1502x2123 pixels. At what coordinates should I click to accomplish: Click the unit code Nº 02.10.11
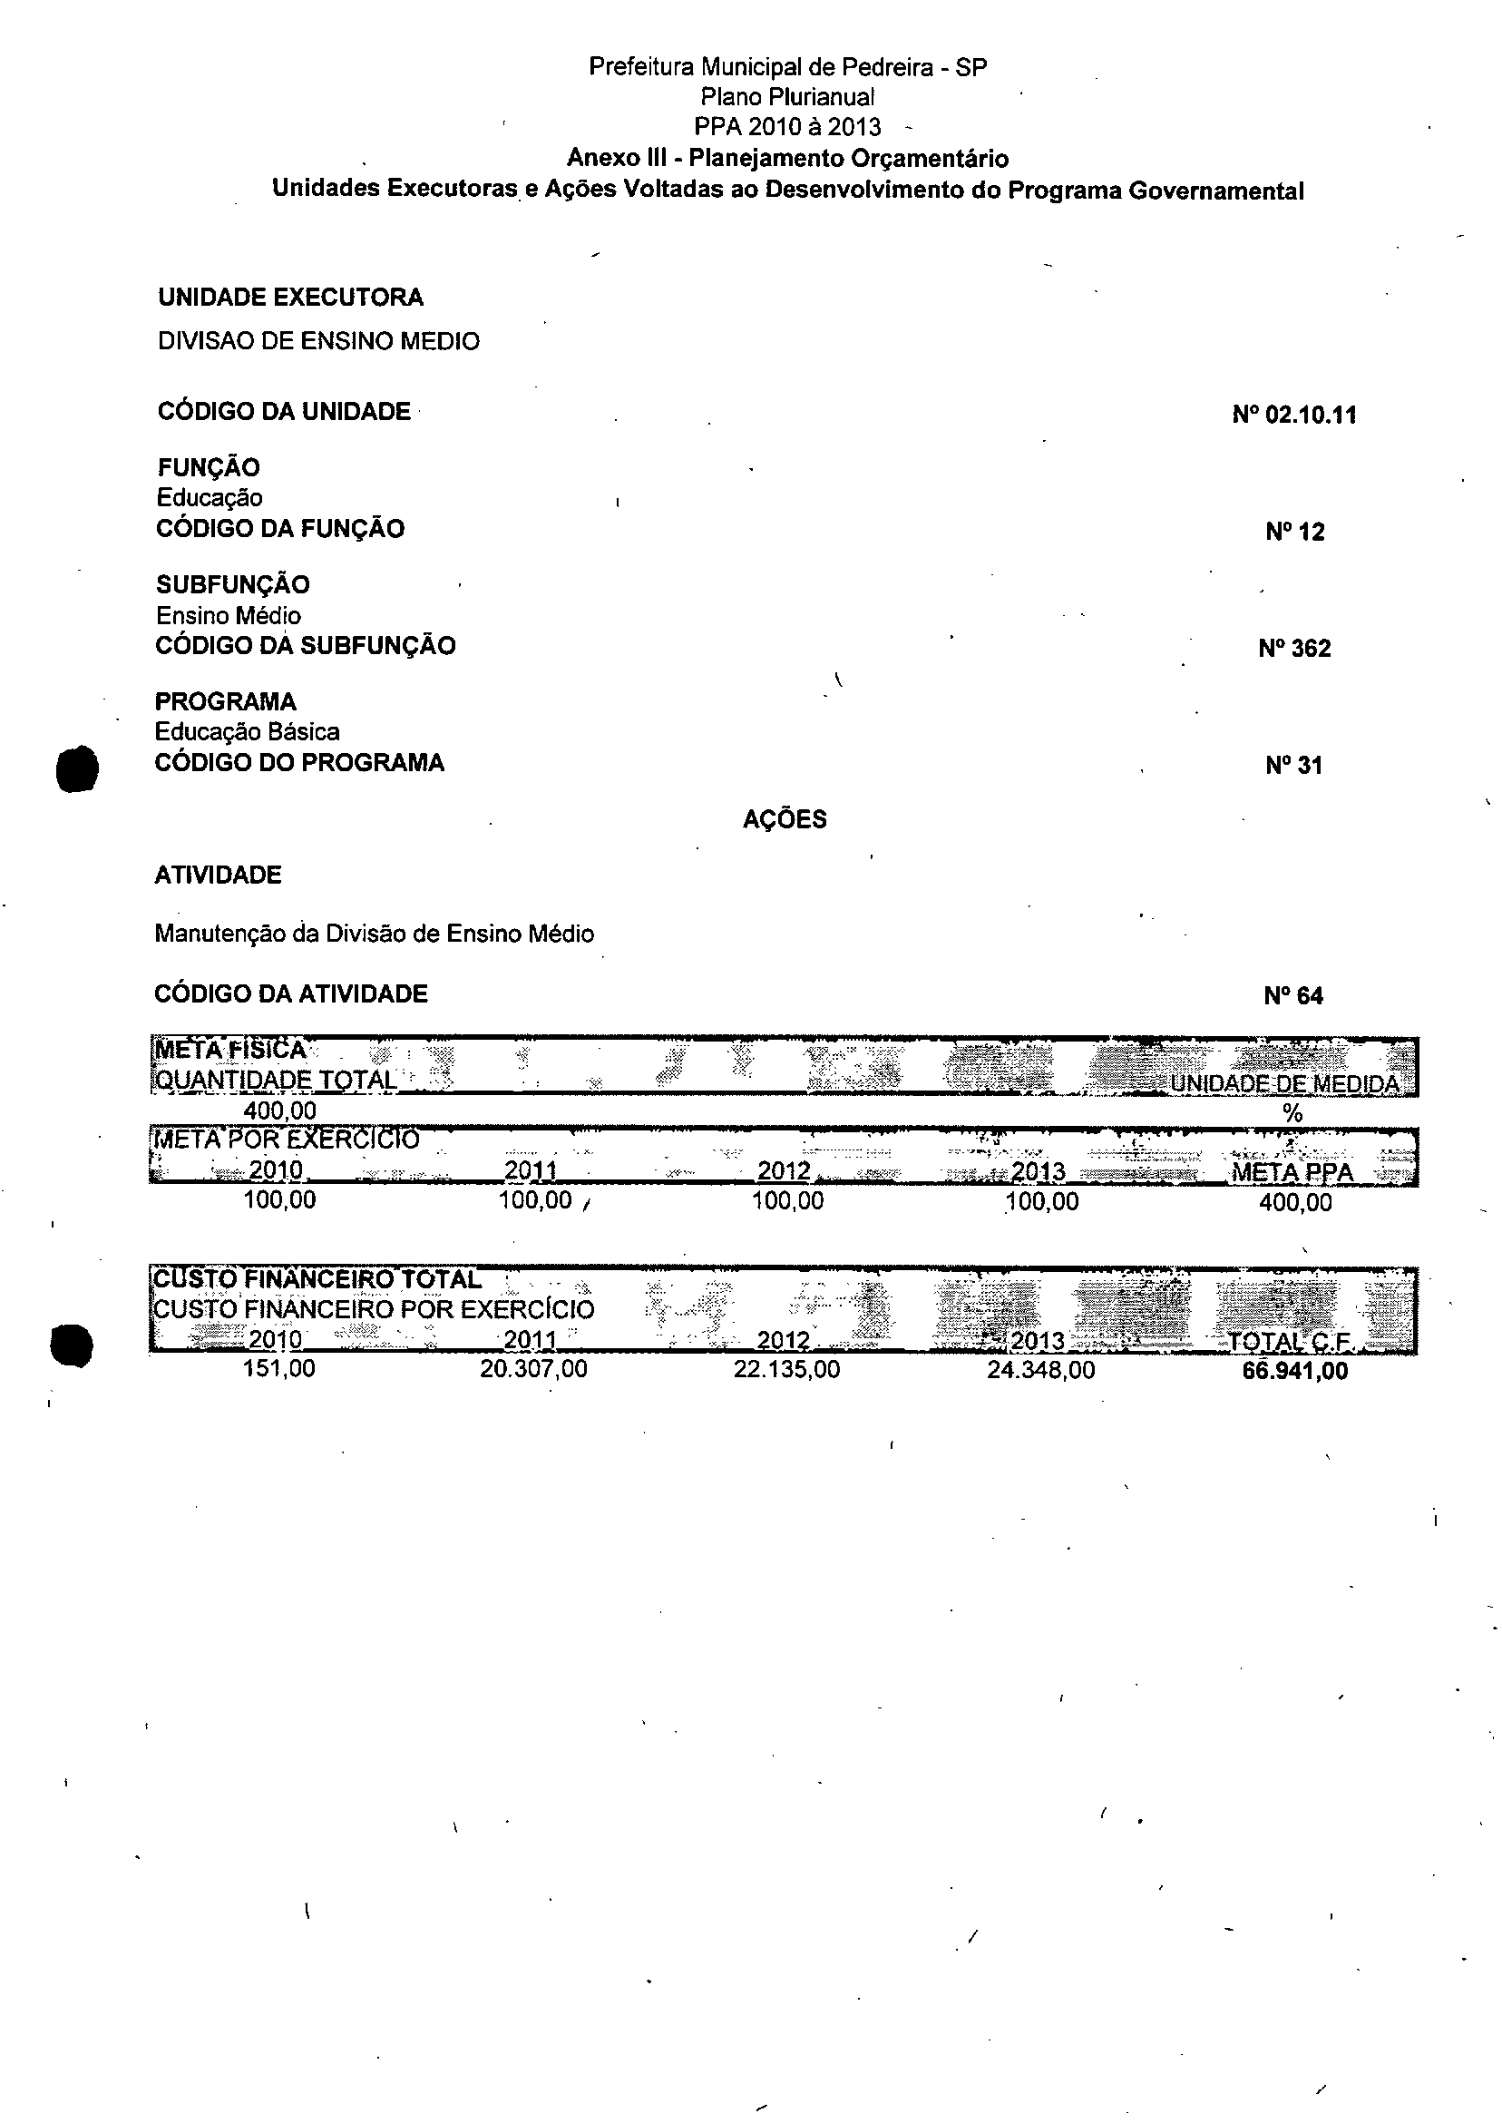1294,415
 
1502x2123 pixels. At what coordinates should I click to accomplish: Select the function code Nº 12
1295,532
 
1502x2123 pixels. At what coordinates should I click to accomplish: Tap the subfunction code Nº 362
1294,649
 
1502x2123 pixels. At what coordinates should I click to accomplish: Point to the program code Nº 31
1294,765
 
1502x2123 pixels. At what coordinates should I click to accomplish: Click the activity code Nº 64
1293,996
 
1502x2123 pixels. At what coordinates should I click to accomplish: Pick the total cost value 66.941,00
1295,1370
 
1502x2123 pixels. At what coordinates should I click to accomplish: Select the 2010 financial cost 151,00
278,1368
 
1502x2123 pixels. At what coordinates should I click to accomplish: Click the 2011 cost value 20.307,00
532,1369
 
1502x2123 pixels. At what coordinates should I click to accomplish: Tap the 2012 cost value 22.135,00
786,1369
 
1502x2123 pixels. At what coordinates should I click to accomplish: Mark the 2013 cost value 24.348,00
1040,1369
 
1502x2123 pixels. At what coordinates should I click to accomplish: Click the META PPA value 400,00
1295,1202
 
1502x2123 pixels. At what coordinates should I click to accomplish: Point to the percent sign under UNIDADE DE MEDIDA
1293,1114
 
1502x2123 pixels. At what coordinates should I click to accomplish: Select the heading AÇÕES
785,819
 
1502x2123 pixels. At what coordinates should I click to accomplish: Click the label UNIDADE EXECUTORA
290,297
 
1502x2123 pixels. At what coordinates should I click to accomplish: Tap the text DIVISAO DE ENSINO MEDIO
318,341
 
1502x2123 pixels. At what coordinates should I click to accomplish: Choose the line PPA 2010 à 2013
787,127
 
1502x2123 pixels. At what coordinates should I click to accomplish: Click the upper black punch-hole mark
77,768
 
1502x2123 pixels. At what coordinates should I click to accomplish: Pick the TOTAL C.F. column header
1289,1341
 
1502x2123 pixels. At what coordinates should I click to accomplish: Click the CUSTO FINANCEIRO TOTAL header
317,1279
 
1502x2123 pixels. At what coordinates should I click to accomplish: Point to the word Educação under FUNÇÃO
209,498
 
